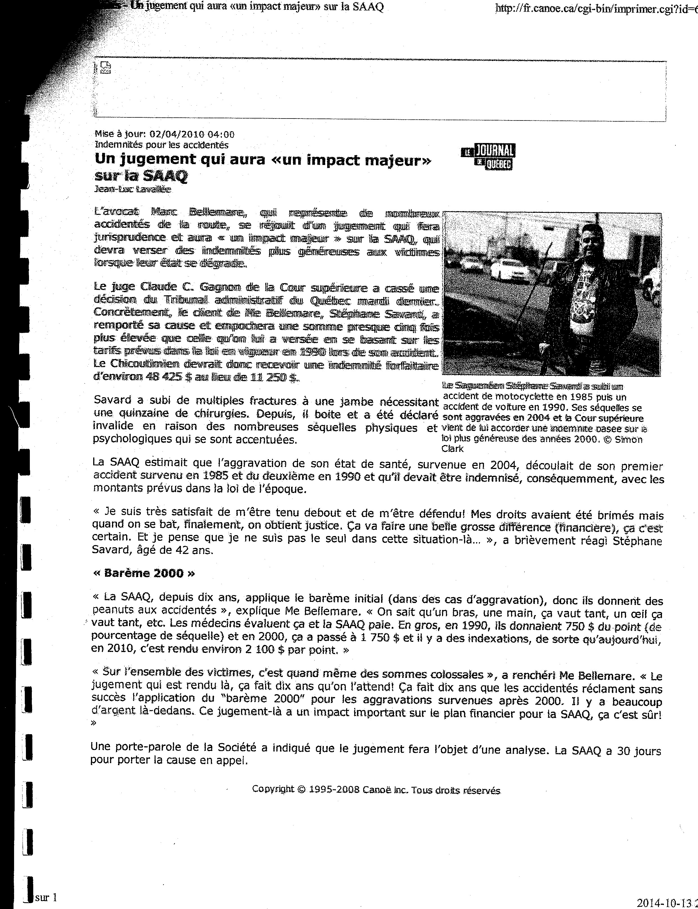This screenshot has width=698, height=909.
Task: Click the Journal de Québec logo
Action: click(x=489, y=157)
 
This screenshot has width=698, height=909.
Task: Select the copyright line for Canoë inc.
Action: click(x=376, y=790)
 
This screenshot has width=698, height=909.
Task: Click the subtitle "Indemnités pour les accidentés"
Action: click(x=162, y=145)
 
